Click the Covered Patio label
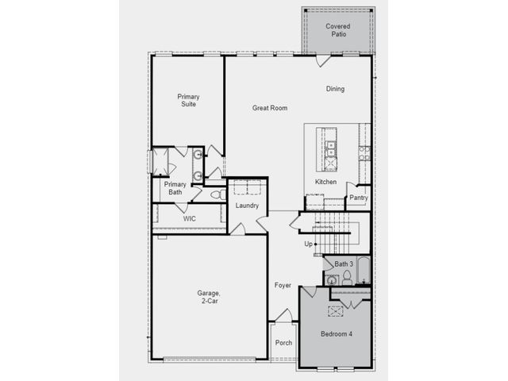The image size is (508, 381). (338, 30)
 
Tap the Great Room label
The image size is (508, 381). (270, 108)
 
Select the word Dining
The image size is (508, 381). (335, 89)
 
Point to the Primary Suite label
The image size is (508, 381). (188, 100)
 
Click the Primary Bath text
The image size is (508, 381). (175, 188)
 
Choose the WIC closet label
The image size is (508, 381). (189, 219)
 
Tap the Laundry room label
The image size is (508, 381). (247, 206)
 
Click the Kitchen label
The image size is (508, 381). (326, 182)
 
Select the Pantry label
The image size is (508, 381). (359, 198)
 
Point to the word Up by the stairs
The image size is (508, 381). (308, 244)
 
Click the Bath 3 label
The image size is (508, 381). (344, 264)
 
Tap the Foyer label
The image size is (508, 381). (283, 285)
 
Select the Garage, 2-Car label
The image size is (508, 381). (209, 297)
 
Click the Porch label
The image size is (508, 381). (284, 342)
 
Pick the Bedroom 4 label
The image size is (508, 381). (337, 333)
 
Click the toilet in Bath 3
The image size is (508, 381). (347, 278)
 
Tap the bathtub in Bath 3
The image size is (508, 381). (364, 271)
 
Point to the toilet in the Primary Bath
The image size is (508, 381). (218, 194)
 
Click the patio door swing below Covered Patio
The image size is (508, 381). (323, 61)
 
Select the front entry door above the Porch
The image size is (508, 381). (284, 315)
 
